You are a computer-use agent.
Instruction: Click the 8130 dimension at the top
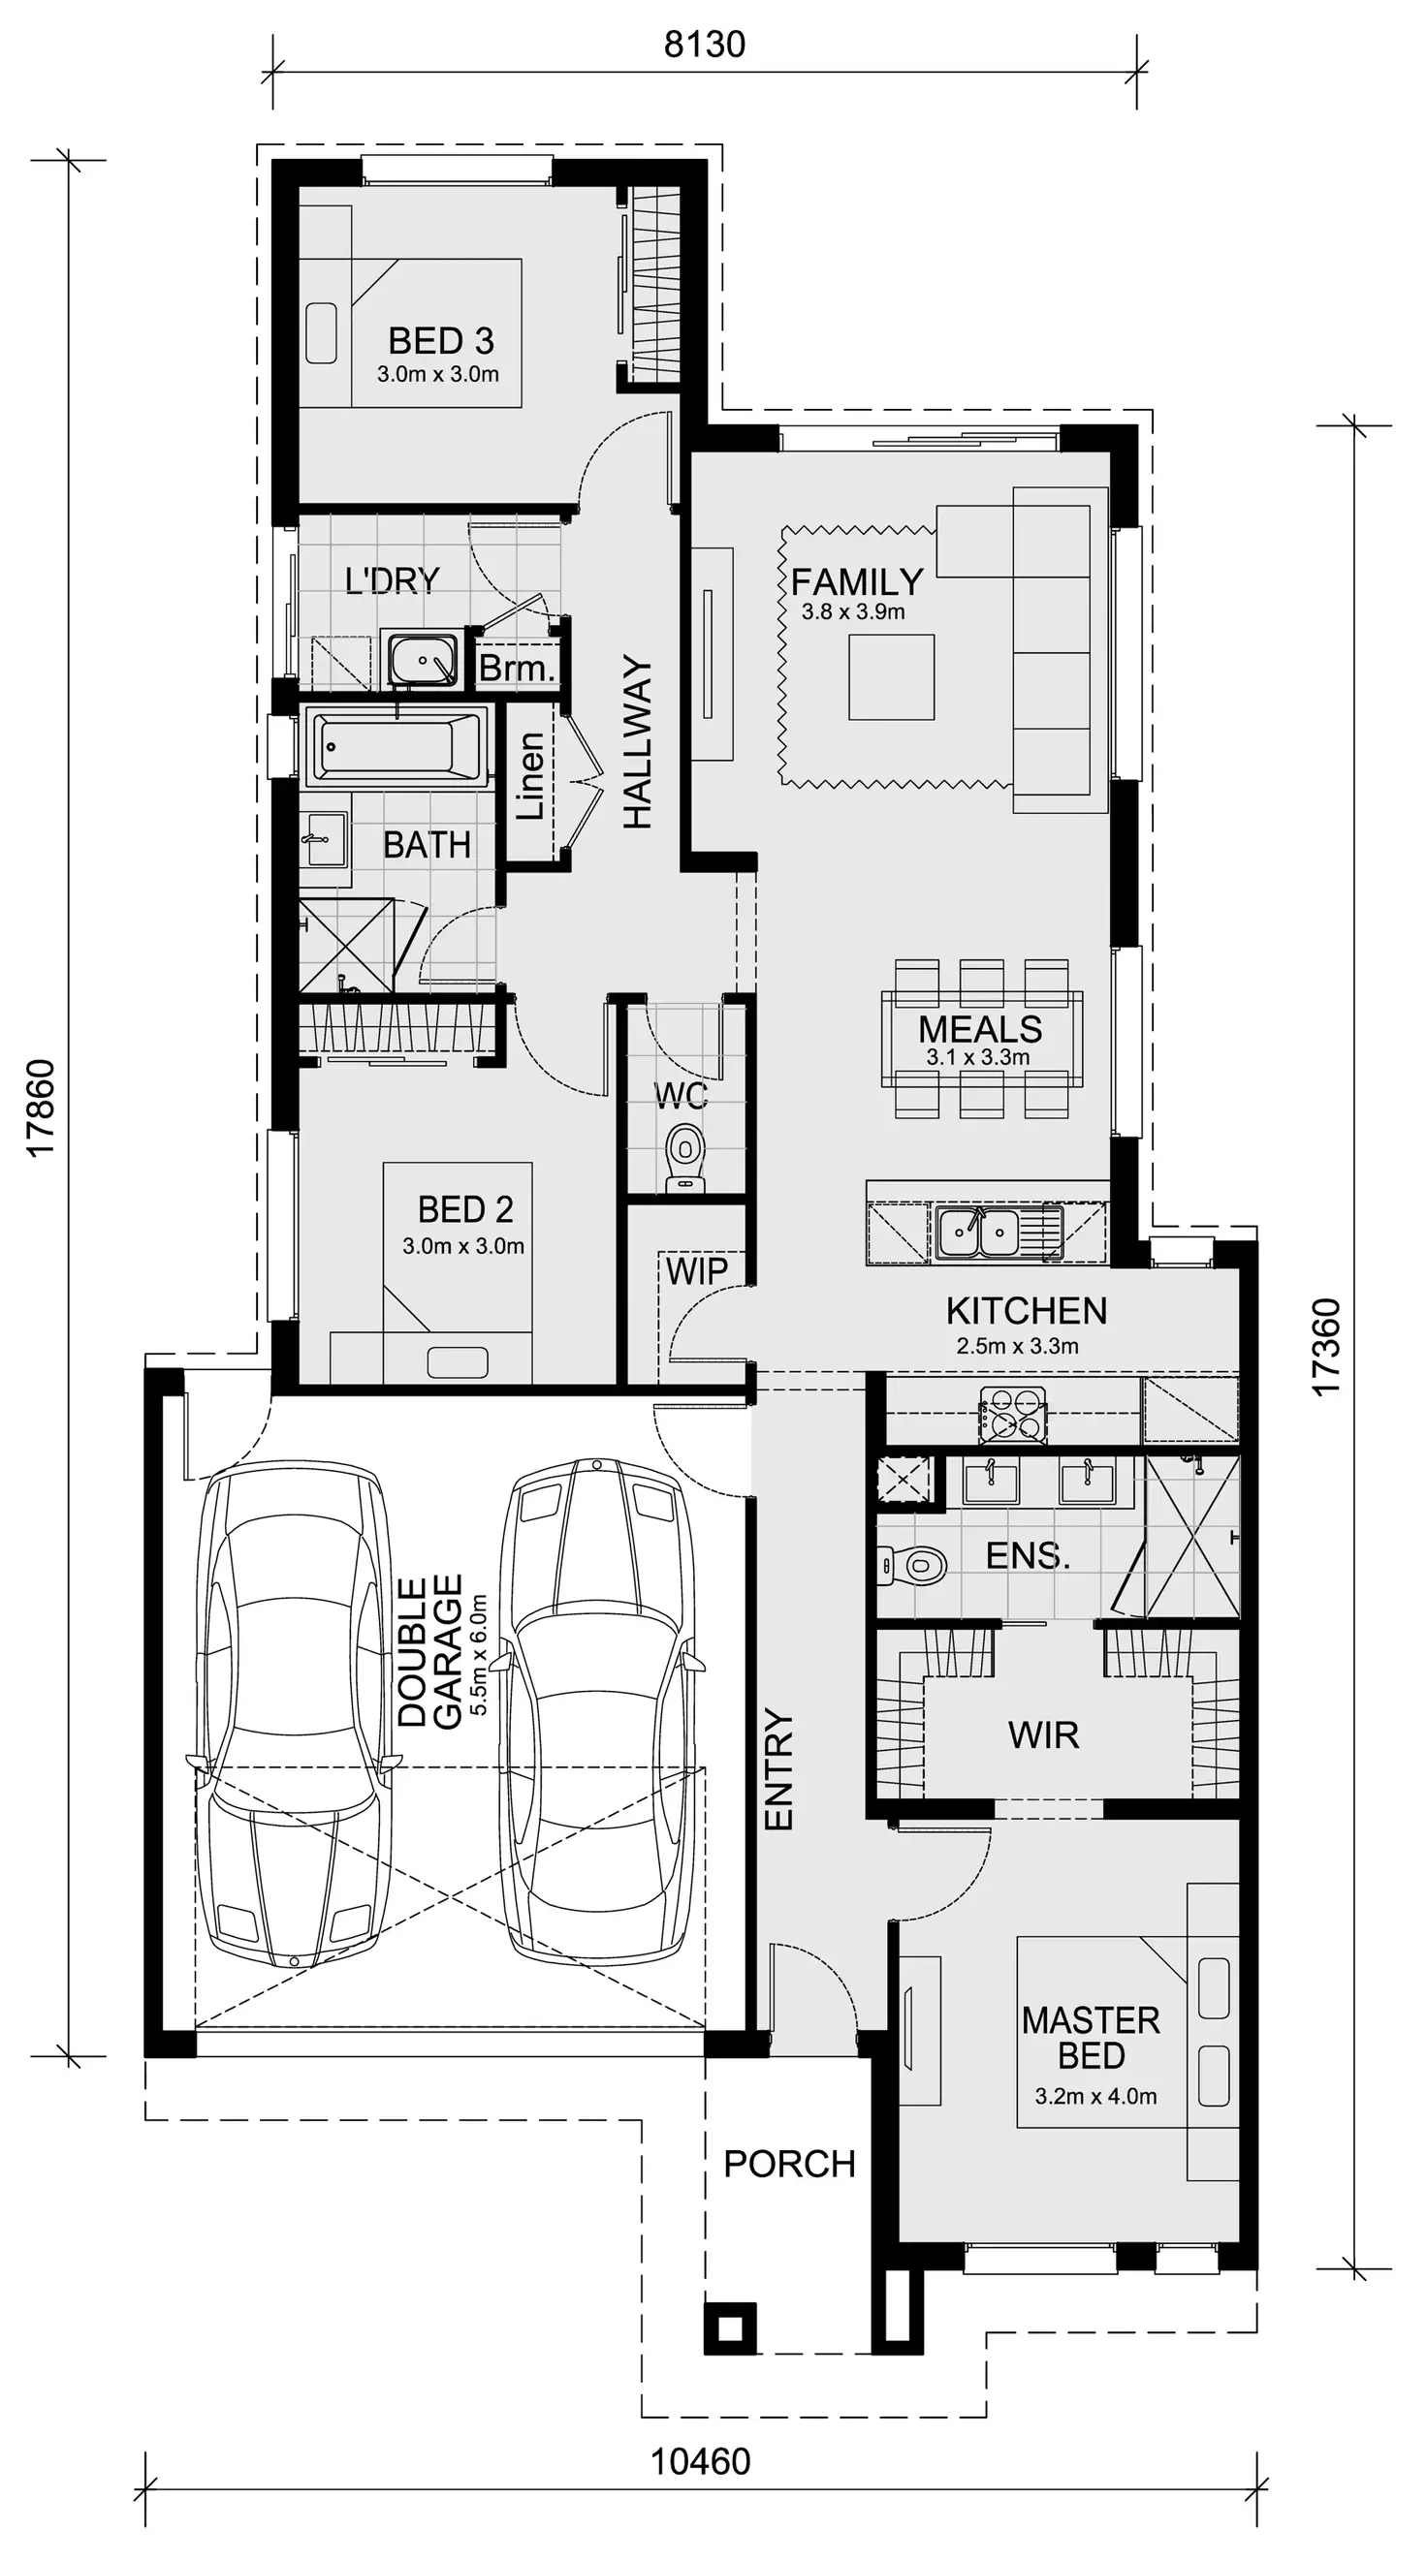click(704, 45)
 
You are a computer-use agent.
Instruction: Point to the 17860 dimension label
click(41, 1109)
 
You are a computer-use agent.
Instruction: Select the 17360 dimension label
click(1326, 1347)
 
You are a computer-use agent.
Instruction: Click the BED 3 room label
click(440, 341)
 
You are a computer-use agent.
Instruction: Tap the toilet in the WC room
click(684, 1156)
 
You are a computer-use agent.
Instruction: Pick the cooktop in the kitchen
click(1012, 1415)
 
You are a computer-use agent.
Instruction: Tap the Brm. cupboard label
click(516, 668)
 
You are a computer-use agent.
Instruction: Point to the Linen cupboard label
click(530, 776)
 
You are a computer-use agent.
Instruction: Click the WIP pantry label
click(696, 1270)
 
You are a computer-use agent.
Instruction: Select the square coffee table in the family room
click(891, 677)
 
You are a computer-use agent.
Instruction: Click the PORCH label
click(788, 2164)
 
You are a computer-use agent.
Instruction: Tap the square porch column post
click(730, 2327)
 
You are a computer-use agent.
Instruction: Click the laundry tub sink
click(423, 658)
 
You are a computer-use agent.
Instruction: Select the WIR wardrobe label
click(1043, 1734)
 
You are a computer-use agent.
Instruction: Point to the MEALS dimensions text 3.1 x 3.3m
click(977, 1058)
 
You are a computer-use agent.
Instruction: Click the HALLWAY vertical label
click(638, 741)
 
